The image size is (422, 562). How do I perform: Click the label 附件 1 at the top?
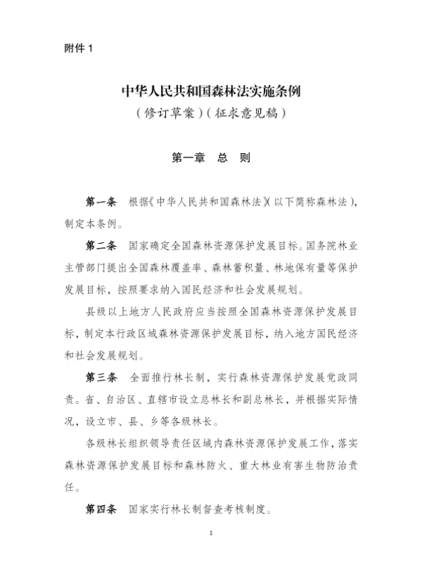(77, 48)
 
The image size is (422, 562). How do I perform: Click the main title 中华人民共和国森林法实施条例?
(211, 91)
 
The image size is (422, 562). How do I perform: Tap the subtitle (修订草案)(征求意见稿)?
(211, 112)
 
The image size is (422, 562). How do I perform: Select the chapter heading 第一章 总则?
(211, 158)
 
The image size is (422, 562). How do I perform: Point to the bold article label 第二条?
(101, 247)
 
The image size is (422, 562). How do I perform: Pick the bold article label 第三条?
(101, 377)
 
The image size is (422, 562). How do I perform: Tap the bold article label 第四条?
(101, 507)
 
